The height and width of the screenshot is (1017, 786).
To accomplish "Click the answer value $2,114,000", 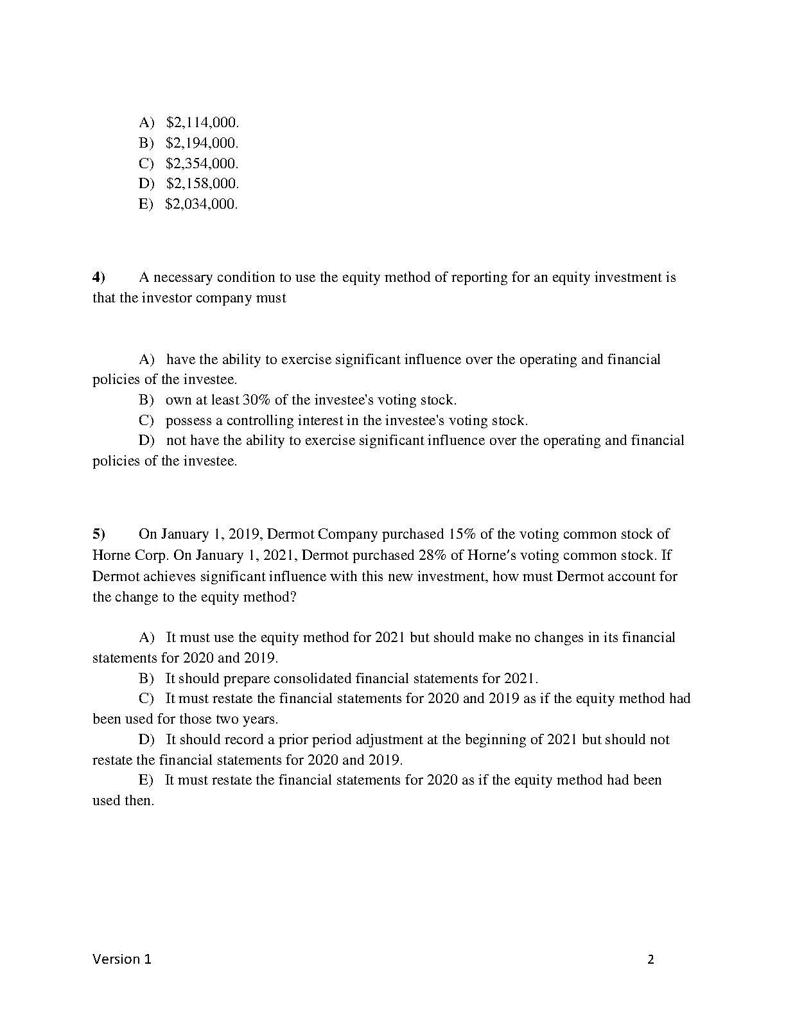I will [x=202, y=122].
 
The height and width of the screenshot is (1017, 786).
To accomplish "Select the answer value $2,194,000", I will [x=202, y=143].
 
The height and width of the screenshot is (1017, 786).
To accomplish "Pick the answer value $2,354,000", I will [x=202, y=163].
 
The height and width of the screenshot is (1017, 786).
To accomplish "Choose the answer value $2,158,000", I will [x=202, y=184].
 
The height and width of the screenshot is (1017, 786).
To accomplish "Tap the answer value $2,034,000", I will [x=201, y=204].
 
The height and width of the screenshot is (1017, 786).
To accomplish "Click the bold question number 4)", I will [x=99, y=277].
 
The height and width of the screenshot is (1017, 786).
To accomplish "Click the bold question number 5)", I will [x=99, y=534].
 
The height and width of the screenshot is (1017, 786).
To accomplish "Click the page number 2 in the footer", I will [x=651, y=960].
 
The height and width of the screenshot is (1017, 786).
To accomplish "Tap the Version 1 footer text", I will [x=122, y=960].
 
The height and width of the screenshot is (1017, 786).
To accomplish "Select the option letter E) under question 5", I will [x=146, y=780].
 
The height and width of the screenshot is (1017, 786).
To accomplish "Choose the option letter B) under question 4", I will [x=146, y=400].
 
